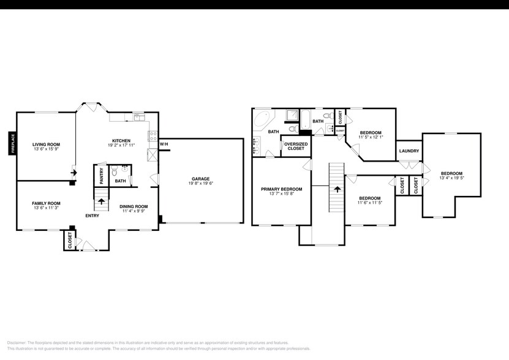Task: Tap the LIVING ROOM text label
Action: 46,144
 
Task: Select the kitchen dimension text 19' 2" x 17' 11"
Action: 121,145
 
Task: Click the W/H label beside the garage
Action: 164,144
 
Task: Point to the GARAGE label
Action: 200,179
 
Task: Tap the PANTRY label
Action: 102,176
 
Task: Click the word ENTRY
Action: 92,216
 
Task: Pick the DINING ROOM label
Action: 133,206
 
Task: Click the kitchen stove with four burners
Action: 153,136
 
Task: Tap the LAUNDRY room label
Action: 409,151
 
